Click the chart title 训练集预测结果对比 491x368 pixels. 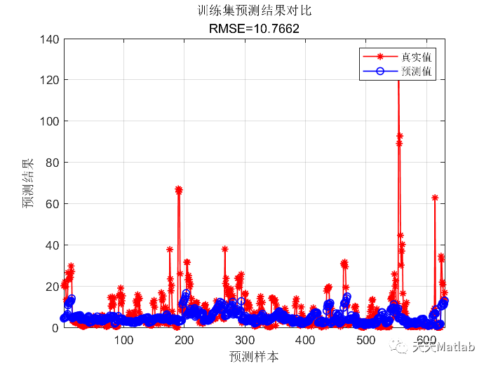[x=254, y=11]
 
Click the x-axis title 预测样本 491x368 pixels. [x=254, y=356]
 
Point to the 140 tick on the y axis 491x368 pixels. [x=51, y=39]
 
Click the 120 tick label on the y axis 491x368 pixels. [x=51, y=80]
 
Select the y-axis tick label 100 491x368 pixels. [x=51, y=121]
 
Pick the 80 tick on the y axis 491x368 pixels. [x=53, y=163]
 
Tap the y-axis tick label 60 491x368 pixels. [x=53, y=204]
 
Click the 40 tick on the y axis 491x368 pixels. [x=53, y=245]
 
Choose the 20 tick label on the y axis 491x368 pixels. [x=53, y=287]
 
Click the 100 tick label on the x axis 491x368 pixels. [x=124, y=340]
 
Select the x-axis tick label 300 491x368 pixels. [x=245, y=340]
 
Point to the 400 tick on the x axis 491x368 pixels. [x=305, y=340]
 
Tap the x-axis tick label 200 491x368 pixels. [x=184, y=340]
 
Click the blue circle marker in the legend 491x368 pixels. [x=380, y=71]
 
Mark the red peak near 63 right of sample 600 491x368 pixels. [x=435, y=198]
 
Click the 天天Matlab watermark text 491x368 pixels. [x=443, y=346]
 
